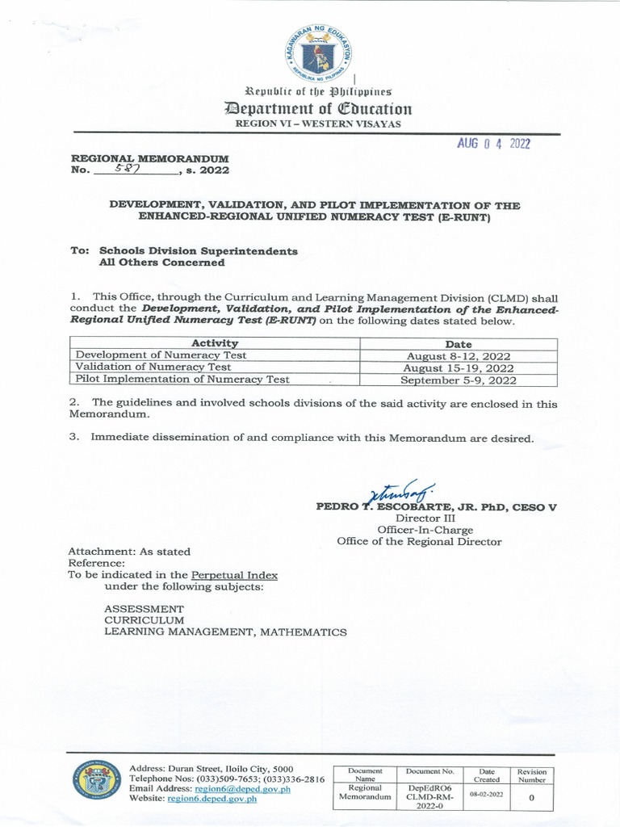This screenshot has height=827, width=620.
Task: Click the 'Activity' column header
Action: tap(215, 343)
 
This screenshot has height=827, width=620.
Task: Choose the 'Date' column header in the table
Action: tap(459, 343)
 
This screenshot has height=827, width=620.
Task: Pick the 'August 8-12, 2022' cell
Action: tap(459, 355)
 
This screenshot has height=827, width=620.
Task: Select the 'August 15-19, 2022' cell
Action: tap(459, 367)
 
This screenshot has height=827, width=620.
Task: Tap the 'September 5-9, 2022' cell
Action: tap(459, 379)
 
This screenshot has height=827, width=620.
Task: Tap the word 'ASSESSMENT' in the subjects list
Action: tap(144, 608)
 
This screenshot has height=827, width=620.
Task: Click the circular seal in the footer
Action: tap(96, 781)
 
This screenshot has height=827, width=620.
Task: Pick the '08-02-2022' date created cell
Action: tap(487, 795)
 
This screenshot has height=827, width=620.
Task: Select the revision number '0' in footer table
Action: tap(532, 796)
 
